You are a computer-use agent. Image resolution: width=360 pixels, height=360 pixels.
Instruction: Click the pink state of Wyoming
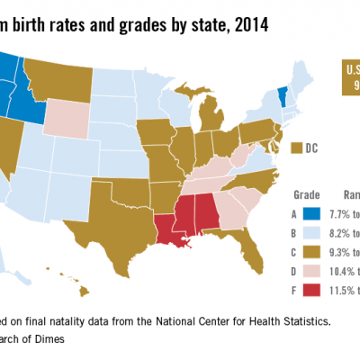(x=61, y=115)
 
